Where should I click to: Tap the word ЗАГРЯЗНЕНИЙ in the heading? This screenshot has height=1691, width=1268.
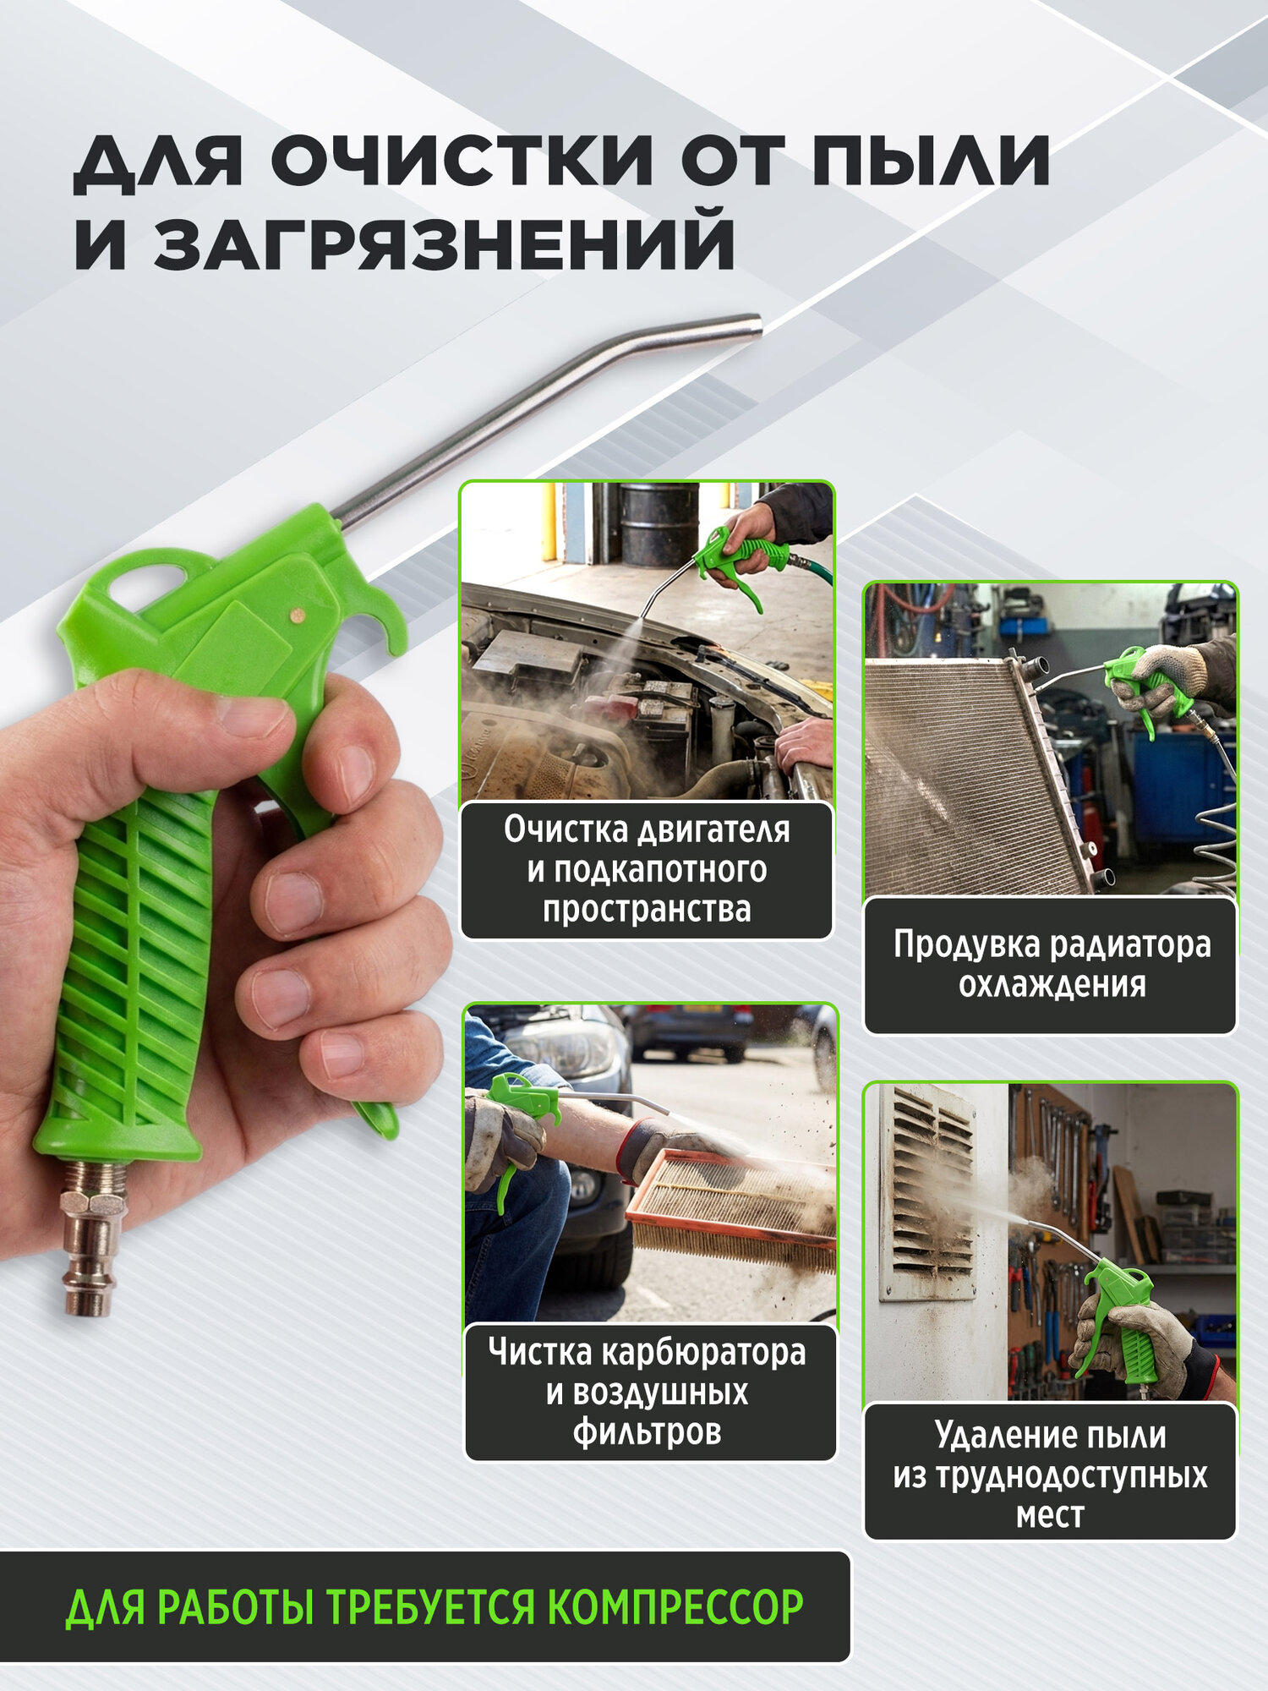pos(444,244)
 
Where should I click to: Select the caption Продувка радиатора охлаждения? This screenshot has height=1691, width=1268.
pos(1051,964)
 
